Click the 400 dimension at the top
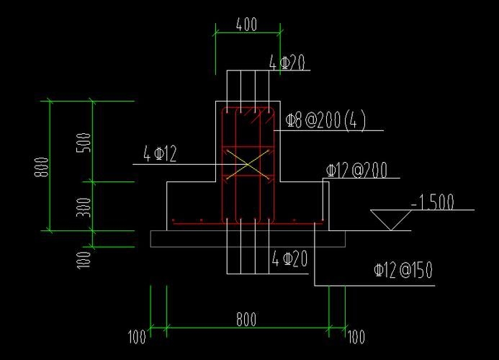point(246,24)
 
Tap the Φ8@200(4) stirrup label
point(325,121)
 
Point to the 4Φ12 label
point(160,153)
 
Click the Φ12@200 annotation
point(356,171)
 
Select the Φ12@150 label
point(403,271)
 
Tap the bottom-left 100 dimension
point(138,336)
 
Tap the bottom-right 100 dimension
point(356,336)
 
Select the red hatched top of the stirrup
point(248,114)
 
